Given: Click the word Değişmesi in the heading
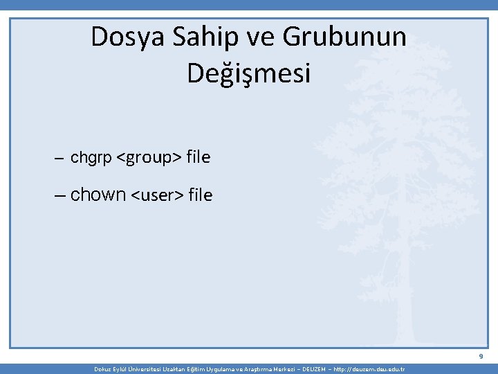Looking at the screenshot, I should [249, 73].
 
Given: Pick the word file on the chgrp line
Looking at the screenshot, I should [198, 158].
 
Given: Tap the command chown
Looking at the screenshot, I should [98, 195].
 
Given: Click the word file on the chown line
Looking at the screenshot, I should [200, 196].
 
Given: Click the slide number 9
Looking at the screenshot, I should [480, 357].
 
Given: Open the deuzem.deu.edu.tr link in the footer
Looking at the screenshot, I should [371, 369].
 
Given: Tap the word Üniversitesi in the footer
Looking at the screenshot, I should [141, 369].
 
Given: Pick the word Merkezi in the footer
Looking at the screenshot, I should [279, 369].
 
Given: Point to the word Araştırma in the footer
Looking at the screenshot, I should [250, 369].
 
